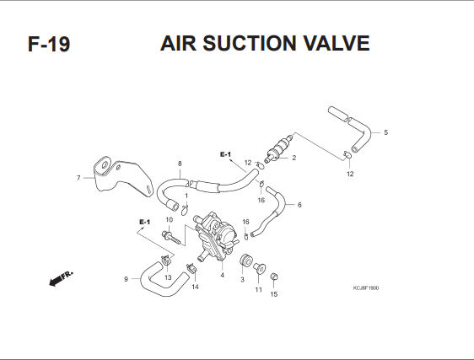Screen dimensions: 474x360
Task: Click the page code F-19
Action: click(49, 44)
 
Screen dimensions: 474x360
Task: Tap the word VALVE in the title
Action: click(337, 43)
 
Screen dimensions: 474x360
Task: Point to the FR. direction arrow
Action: click(61, 279)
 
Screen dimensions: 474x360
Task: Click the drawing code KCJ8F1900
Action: click(366, 288)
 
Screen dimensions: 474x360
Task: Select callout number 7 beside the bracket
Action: click(78, 178)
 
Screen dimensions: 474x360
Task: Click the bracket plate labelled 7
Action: click(123, 176)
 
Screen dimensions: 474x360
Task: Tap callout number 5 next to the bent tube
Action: click(385, 132)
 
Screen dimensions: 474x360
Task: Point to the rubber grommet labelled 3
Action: click(245, 261)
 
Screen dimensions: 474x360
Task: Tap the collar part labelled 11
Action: click(260, 268)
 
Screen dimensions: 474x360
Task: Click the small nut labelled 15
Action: click(273, 277)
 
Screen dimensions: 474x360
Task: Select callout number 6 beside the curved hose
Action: click(299, 205)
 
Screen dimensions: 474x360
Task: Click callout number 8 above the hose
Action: click(180, 164)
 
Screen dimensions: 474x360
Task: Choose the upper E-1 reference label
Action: click(225, 154)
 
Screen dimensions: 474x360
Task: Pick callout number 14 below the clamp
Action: click(196, 287)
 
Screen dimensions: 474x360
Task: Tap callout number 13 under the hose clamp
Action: click(168, 277)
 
